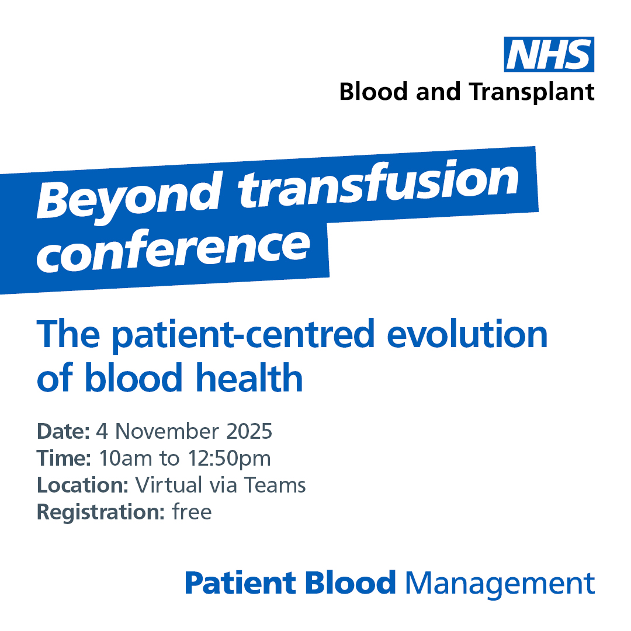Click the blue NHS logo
coord(549,54)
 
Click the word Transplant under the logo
coord(532,92)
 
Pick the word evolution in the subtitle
coord(467,334)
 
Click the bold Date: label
coord(63,431)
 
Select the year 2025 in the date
coord(249,431)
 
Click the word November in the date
coord(167,431)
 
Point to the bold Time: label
coord(64,458)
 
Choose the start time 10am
coord(125,459)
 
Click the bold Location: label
coord(82,485)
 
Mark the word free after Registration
coord(192,512)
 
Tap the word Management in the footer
coord(500,584)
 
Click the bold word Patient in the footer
coord(240,583)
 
